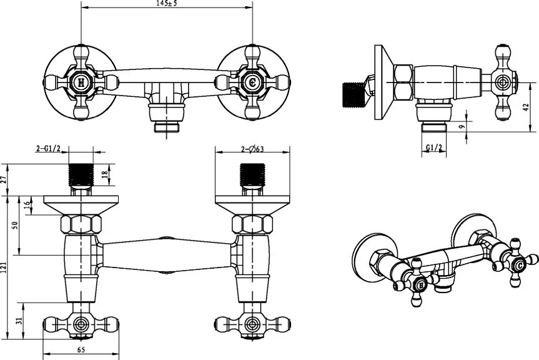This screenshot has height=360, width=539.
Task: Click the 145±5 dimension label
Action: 167,4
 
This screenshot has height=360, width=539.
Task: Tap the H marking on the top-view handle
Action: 81,82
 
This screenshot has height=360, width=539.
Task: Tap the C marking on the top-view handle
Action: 252,82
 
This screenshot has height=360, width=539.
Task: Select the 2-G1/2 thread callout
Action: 48,149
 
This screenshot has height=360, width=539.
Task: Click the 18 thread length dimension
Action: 105,174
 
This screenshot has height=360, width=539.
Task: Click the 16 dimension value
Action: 27,206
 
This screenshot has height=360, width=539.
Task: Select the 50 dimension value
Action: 14,226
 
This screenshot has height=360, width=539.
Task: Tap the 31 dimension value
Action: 19,321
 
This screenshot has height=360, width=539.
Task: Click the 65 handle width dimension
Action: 81,350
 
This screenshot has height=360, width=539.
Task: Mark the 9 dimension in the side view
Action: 463,126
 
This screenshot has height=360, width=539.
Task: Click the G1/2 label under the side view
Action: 434,147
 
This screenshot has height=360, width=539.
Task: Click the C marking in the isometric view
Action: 519,266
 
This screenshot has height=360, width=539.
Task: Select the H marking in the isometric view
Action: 420,285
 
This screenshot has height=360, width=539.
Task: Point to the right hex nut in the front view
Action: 252,224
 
